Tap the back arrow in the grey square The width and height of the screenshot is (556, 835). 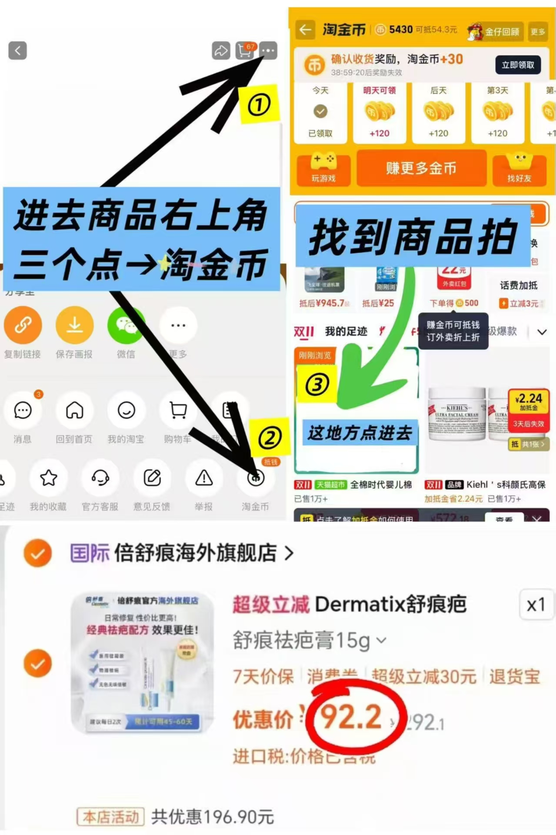[x=17, y=51]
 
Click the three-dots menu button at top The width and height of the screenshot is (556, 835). [x=268, y=51]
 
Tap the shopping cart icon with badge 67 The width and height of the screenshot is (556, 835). [x=245, y=51]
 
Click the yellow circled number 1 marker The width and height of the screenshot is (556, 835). [x=259, y=105]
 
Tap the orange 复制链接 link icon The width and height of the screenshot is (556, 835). [x=23, y=325]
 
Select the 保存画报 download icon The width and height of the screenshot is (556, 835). [x=74, y=325]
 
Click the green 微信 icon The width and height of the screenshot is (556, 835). [x=126, y=325]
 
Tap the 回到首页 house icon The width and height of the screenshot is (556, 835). [x=74, y=410]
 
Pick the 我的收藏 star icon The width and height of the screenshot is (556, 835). [x=48, y=478]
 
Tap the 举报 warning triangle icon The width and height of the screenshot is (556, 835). [x=204, y=478]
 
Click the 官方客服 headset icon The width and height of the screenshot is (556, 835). [x=100, y=478]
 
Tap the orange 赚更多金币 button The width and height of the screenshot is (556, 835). [x=421, y=168]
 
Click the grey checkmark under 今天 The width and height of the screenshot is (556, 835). [x=321, y=112]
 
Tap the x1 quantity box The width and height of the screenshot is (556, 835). [x=536, y=605]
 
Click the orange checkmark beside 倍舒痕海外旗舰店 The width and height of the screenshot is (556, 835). [x=38, y=553]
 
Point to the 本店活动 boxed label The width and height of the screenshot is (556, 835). [x=110, y=817]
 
